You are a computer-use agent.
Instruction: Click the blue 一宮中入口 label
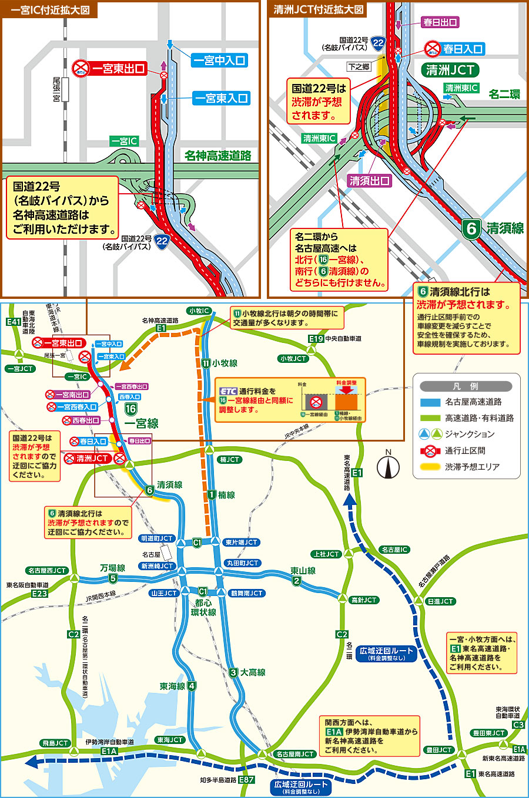point(220,60)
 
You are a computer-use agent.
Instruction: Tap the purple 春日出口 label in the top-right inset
point(440,22)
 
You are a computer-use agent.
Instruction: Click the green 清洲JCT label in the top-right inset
point(450,70)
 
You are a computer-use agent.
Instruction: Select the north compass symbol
point(387,466)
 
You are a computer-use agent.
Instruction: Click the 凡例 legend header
point(466,386)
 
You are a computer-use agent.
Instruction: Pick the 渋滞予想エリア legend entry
point(472,467)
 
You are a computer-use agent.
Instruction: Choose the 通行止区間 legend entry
point(464,450)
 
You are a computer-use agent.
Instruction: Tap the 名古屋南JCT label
point(294,754)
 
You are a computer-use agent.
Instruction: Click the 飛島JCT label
point(55,743)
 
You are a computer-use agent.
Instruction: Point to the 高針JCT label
point(364,600)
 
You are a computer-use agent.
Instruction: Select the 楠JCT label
point(229,459)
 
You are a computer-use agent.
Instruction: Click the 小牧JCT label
point(293,358)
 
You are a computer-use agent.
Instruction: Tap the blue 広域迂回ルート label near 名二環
point(386,654)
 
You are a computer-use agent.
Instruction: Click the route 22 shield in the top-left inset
point(162,240)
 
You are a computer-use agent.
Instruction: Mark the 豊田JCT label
point(438,750)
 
